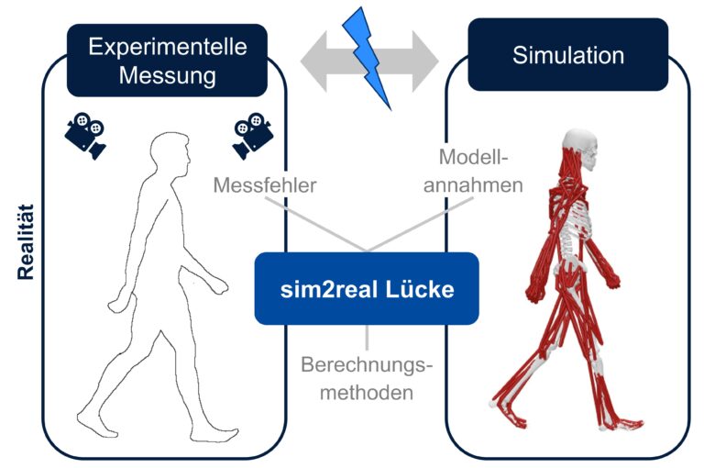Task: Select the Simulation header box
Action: click(x=567, y=55)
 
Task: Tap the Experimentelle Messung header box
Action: click(x=167, y=61)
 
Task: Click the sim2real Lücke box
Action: click(x=367, y=289)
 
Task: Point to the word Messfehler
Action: click(x=265, y=184)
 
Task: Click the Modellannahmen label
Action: click(x=479, y=171)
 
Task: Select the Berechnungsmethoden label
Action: click(x=367, y=378)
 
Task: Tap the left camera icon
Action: click(x=84, y=134)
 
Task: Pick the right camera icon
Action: click(x=253, y=136)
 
